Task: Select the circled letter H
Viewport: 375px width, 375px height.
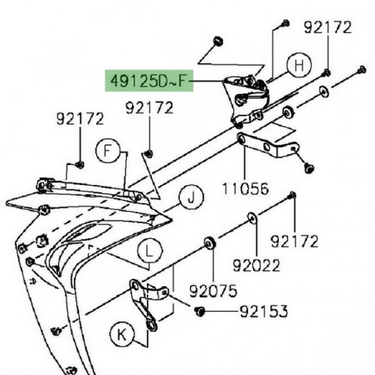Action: (x=299, y=64)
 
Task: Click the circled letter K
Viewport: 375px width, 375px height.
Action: (x=123, y=335)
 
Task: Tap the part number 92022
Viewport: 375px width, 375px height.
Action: (x=256, y=265)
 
